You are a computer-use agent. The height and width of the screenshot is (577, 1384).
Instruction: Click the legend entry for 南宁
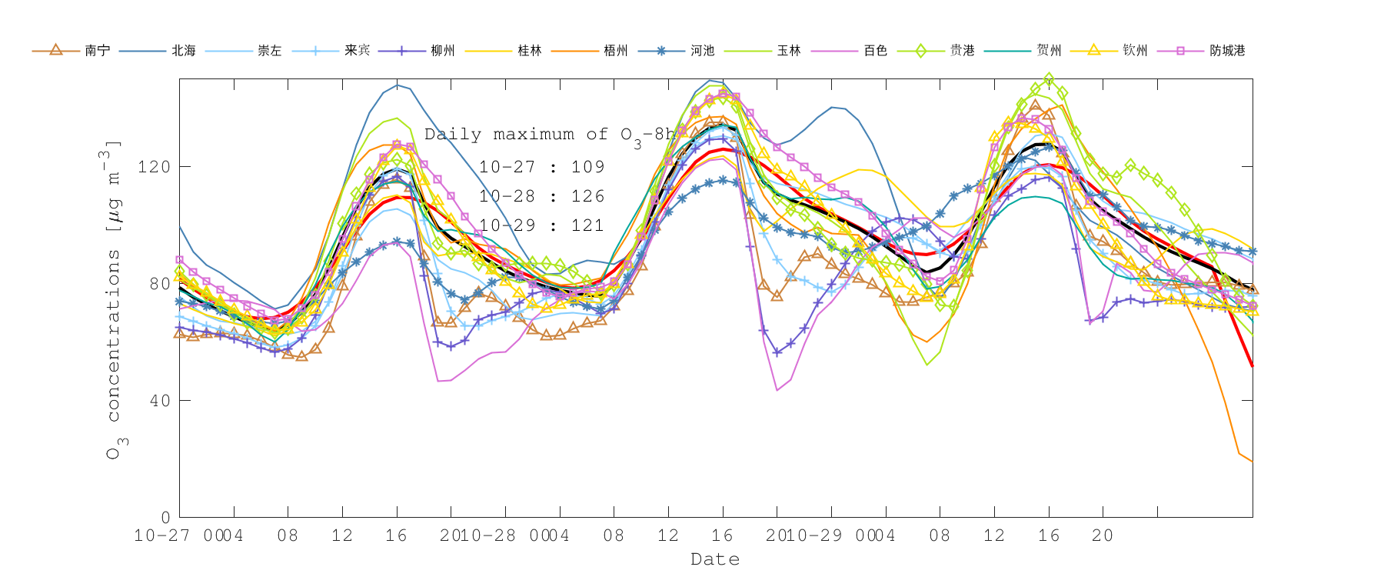97,51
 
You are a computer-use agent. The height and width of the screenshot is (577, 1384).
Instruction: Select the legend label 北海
184,51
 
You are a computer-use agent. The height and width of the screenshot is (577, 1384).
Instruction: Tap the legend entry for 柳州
443,51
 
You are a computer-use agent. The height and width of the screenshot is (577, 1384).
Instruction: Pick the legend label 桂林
530,51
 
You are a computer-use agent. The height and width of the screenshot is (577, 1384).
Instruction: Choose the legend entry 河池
703,51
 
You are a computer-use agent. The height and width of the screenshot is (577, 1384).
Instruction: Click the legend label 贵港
962,51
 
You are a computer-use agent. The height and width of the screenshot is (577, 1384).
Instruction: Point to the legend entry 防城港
1227,51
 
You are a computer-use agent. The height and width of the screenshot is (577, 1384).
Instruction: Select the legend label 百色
876,51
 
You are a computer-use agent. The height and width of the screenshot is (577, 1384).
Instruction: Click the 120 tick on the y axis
154,167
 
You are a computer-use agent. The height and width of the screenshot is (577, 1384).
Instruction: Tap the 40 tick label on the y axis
159,401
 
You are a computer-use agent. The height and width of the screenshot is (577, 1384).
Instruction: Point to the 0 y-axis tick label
165,518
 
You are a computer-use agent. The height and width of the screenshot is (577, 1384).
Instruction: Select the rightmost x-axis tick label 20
1103,535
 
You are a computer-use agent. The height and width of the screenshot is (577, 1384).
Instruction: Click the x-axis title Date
715,559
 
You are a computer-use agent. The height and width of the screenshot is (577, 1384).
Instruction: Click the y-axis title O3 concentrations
114,300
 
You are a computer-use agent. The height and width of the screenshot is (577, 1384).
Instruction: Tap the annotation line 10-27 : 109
541,167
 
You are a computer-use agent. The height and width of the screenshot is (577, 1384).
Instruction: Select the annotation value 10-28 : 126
541,196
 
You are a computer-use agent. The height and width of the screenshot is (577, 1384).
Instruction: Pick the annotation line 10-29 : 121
541,225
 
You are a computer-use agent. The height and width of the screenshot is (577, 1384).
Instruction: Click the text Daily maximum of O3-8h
551,135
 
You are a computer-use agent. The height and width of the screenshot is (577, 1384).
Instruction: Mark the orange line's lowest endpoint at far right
1252,462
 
